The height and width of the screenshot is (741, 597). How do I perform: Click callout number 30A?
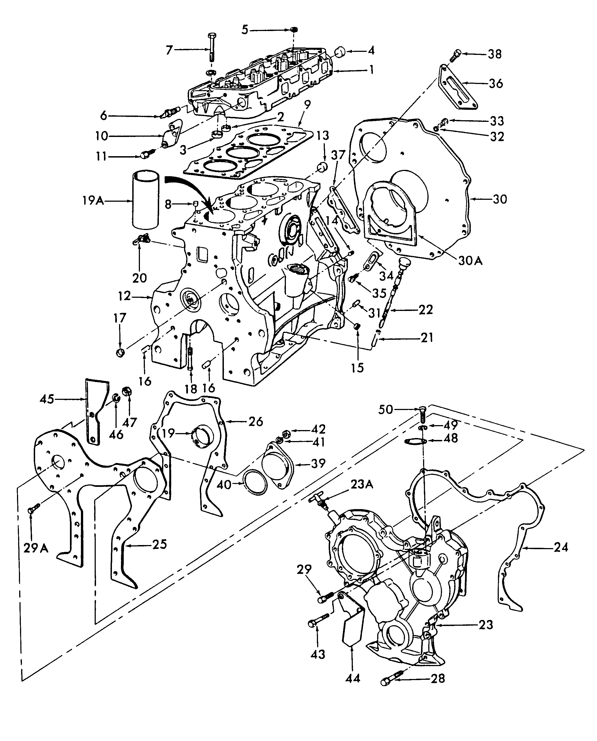pos(470,260)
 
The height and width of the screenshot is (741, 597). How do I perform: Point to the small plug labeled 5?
pos(294,30)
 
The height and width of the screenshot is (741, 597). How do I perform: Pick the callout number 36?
pos(495,83)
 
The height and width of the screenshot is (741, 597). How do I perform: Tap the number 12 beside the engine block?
pos(125,296)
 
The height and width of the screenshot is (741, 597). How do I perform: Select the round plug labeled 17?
pos(120,352)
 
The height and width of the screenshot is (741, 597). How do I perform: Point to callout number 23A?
pos(362,484)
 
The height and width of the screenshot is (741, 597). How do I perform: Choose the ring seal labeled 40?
pos(255,483)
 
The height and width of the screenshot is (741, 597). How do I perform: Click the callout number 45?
pos(47,399)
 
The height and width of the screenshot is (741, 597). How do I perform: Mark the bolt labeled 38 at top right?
pos(454,55)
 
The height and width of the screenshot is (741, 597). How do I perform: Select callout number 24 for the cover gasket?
pos(561,547)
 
